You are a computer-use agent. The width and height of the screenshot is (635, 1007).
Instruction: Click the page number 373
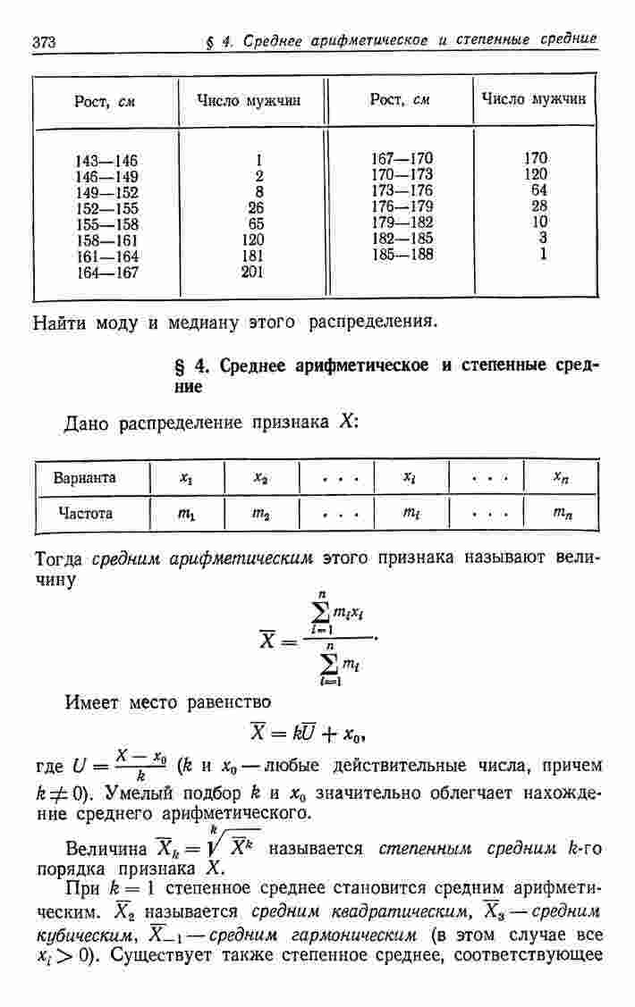coord(44,43)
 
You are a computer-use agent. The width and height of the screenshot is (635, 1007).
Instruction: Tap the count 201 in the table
coord(252,272)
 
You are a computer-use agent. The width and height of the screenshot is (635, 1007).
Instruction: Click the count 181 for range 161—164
coord(252,256)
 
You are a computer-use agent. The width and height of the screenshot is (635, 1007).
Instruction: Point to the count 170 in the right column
coord(536,158)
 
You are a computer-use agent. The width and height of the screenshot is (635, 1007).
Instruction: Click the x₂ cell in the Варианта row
coord(261,478)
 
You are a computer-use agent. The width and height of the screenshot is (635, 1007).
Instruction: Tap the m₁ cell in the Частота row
coord(186,515)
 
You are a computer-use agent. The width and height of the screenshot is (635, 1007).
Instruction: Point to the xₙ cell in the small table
coord(561,478)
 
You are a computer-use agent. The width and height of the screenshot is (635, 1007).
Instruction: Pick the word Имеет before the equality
coord(92,701)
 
